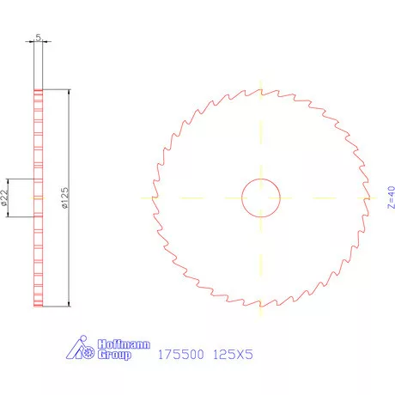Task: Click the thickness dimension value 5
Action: pos(37,37)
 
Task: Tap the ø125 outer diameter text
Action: pos(63,197)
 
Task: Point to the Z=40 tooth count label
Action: pos(367,197)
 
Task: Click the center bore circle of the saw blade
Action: pos(261,197)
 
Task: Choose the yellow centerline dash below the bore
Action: pos(261,249)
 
